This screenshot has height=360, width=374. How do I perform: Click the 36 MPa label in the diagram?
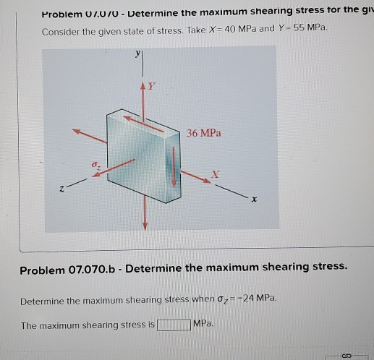coord(204,133)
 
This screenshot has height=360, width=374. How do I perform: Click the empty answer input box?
coord(174,325)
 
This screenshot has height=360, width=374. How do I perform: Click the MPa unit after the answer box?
coord(204,325)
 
